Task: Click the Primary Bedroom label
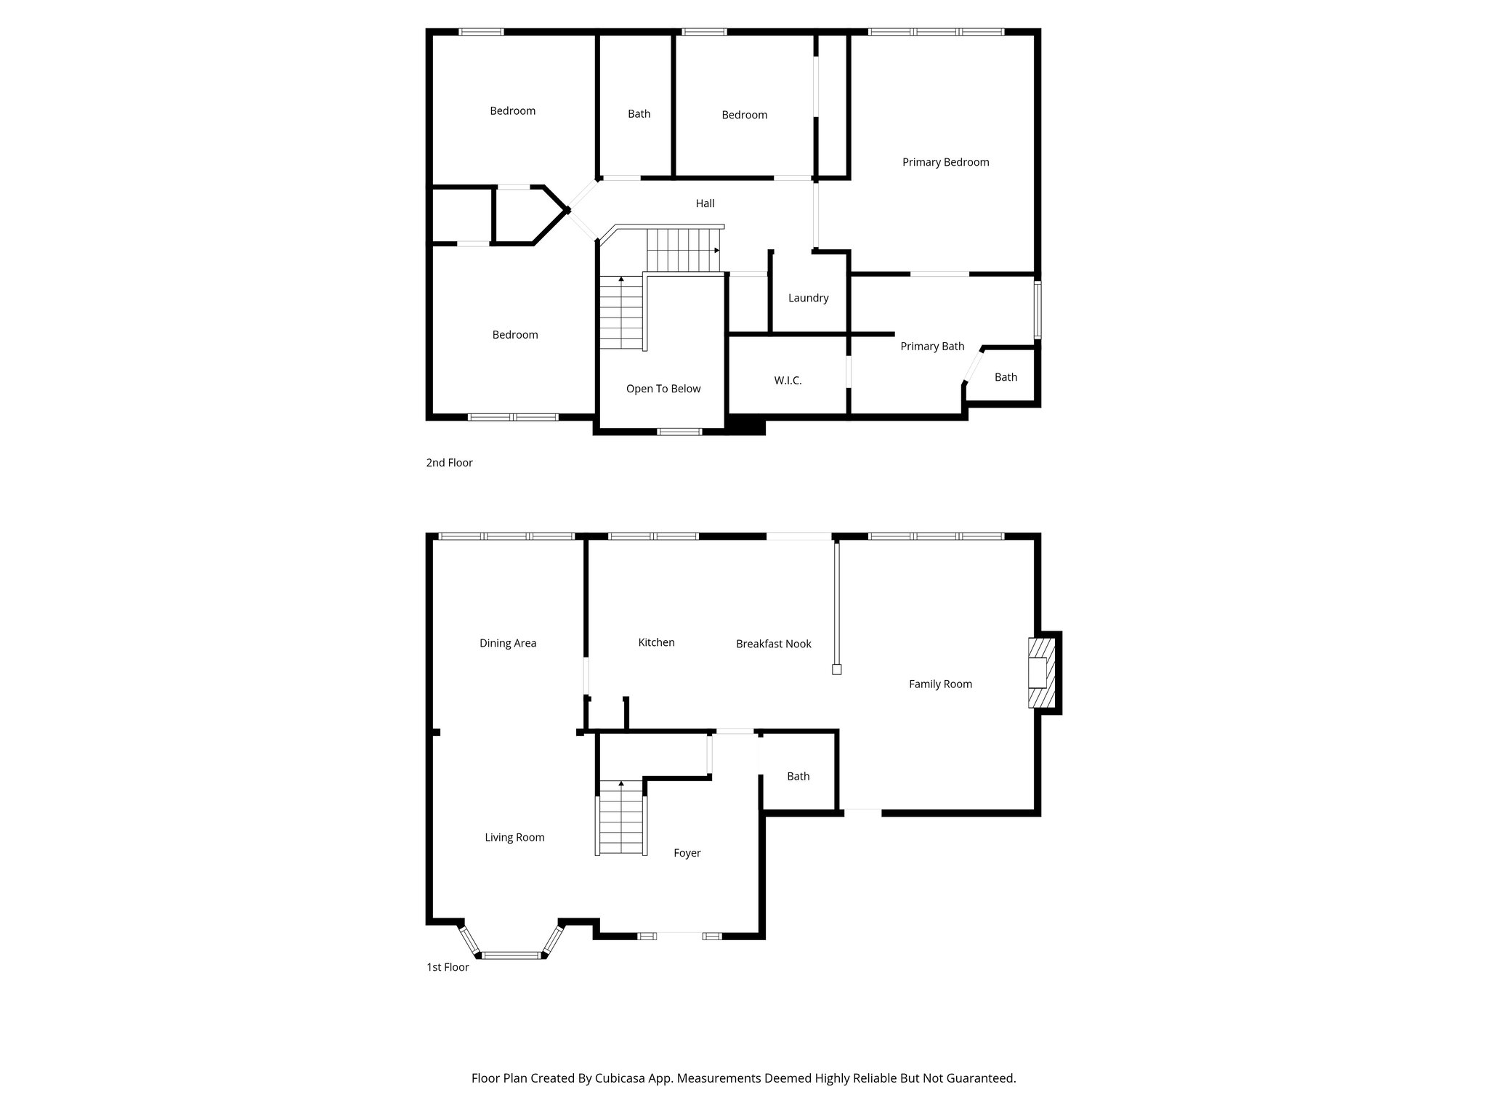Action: coord(945,162)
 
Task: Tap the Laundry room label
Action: coord(808,298)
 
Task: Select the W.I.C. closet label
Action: coord(788,381)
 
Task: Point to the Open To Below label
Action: coord(663,389)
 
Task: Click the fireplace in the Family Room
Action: coord(1040,672)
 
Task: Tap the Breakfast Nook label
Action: coord(773,644)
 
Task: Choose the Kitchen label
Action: coord(656,642)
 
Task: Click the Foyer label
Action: coord(687,853)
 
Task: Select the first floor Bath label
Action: coord(798,776)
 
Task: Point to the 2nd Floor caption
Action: coord(449,463)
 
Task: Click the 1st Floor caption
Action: coord(448,967)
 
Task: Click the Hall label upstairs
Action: coord(705,203)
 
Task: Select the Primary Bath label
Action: coord(932,347)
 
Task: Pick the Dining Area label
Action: coord(508,643)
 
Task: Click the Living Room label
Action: coord(514,837)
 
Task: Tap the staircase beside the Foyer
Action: coord(621,817)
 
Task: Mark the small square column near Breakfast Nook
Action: coord(836,670)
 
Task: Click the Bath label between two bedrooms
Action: coord(639,114)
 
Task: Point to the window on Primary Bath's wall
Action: coord(1038,310)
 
